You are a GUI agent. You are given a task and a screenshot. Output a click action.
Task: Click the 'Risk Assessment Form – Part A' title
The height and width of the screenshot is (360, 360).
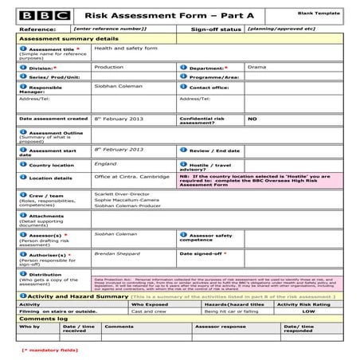click(x=147, y=14)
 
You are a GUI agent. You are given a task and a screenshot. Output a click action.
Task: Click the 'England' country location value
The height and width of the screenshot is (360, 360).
click(x=105, y=163)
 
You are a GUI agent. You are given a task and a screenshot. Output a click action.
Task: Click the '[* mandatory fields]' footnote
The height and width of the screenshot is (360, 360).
click(x=48, y=350)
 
